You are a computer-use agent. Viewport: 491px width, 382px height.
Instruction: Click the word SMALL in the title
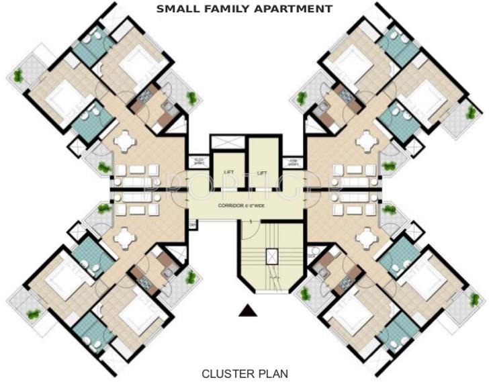tap(177, 9)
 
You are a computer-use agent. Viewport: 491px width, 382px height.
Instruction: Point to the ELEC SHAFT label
tap(198, 161)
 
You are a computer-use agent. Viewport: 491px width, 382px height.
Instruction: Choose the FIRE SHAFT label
tap(293, 161)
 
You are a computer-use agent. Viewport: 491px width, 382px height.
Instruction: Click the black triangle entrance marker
tap(247, 309)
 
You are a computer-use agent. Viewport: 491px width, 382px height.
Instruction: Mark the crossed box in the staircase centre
tap(272, 255)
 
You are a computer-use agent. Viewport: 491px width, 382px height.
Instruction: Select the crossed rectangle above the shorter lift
tap(225, 143)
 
